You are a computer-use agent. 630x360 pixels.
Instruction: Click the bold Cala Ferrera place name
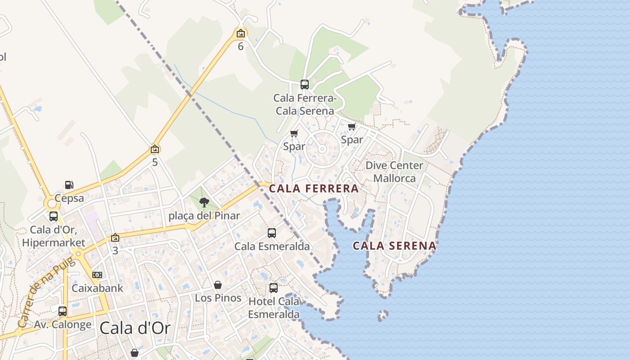coord(314,189)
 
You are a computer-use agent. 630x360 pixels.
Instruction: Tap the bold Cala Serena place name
coord(394,246)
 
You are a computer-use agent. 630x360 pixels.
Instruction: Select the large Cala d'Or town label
coord(135,328)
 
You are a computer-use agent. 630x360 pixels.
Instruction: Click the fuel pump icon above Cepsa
coord(69,184)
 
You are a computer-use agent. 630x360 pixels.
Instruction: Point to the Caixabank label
coord(97,288)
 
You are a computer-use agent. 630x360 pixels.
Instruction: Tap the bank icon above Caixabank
coord(97,274)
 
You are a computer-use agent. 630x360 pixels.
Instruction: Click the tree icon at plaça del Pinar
coord(204,202)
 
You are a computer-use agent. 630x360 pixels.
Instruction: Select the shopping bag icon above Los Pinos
coord(218,285)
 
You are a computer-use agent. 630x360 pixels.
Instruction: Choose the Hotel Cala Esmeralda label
coord(274,307)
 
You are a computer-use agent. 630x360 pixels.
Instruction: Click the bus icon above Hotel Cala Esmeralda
coord(274,288)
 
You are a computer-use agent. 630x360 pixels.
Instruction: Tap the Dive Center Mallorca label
coord(394,171)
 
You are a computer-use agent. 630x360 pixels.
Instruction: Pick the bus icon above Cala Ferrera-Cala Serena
coord(305,84)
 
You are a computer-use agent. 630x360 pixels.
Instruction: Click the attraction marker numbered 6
coord(241,33)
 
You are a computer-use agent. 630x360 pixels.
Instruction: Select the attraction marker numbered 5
coord(155,149)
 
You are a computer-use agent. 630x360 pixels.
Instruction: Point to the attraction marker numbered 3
coord(115,238)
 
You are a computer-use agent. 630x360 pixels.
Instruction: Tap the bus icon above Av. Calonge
coord(63,311)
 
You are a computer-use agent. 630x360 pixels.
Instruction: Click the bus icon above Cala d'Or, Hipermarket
coord(54,216)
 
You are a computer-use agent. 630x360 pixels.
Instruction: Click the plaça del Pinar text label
coord(204,216)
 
